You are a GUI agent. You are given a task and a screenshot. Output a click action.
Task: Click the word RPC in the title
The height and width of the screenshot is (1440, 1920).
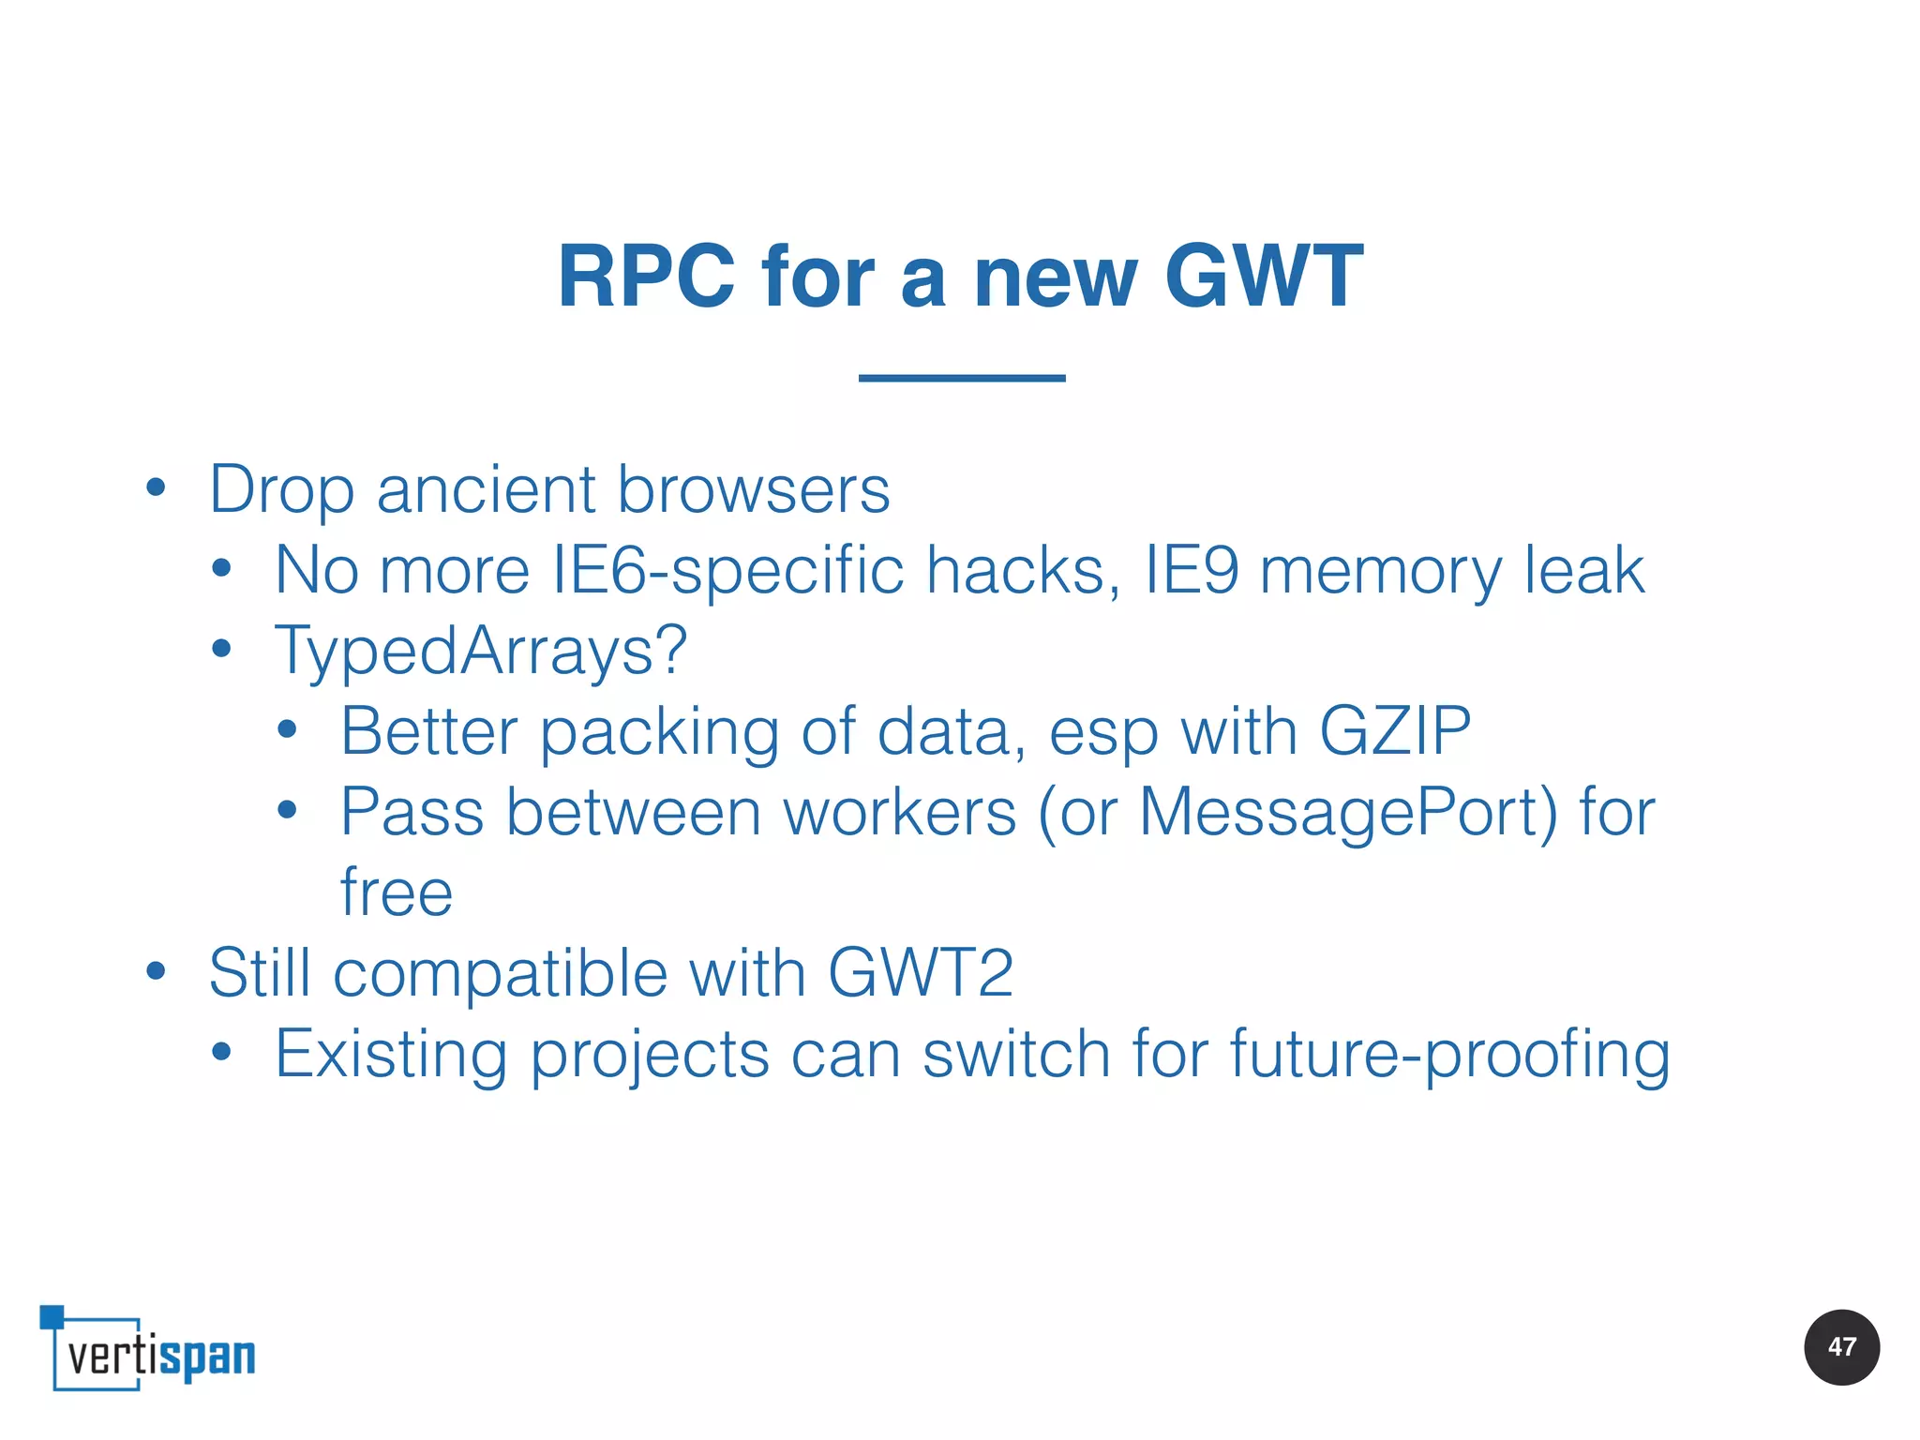pos(646,277)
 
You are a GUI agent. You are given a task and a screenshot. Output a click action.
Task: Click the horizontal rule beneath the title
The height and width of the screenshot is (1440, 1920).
pos(962,378)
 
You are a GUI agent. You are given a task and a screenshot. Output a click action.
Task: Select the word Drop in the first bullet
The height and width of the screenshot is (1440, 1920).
pos(281,490)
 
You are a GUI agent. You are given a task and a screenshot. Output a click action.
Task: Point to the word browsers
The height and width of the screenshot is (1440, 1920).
pos(753,490)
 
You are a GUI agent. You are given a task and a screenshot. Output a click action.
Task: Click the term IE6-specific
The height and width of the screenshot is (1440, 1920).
pos(727,571)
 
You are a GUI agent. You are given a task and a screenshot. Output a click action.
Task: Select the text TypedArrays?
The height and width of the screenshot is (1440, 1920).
pos(481,652)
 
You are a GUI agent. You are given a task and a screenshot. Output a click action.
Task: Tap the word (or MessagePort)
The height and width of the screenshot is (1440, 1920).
pos(1297,812)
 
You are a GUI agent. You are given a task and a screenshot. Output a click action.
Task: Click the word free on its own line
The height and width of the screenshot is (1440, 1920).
pos(396,892)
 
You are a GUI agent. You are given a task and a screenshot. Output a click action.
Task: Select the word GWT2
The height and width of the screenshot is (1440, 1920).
pos(920,973)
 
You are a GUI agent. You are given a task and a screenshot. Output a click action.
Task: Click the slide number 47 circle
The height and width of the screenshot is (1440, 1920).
pos(1841,1347)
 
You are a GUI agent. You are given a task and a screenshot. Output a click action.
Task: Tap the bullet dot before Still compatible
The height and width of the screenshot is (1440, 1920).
pos(156,972)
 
